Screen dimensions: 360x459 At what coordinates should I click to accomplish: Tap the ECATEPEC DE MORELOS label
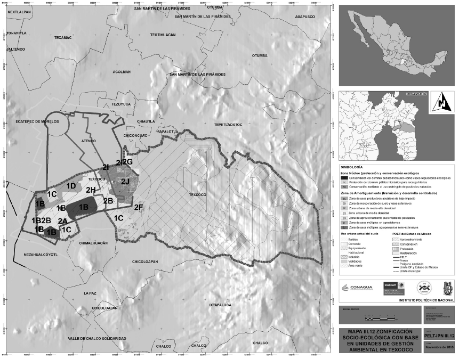(x=29, y=121)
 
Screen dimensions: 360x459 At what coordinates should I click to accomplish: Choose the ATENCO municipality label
(x=88, y=141)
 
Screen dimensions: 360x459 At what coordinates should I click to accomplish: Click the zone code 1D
(x=71, y=185)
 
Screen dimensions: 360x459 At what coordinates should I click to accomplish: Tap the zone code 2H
(x=91, y=190)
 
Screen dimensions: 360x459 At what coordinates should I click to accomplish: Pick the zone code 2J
(x=125, y=182)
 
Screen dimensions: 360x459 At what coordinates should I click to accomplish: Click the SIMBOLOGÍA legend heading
(x=351, y=167)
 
